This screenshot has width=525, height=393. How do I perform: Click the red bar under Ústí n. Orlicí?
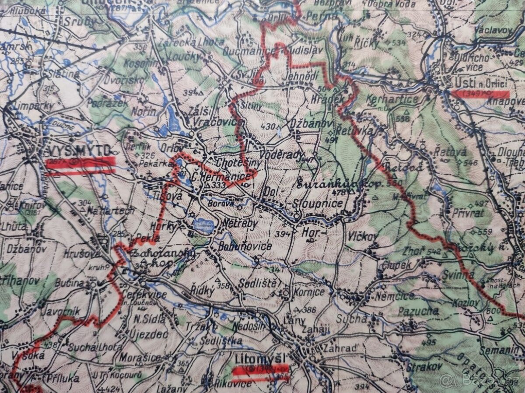click(480, 94)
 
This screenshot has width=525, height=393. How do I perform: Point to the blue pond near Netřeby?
click(203, 226)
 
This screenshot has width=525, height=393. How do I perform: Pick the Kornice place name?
click(309, 292)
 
